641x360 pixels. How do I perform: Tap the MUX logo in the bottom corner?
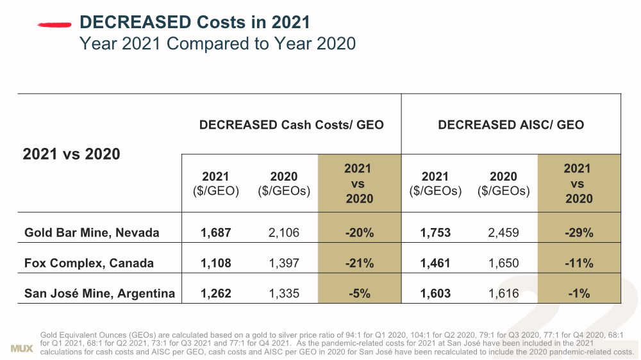coord(22,348)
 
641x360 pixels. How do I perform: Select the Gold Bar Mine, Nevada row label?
coord(92,233)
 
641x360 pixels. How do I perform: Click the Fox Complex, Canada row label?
coord(89,263)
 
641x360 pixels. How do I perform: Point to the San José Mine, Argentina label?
coord(99,294)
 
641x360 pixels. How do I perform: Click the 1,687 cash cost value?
coord(215,233)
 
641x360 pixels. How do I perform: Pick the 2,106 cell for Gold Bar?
coord(284,233)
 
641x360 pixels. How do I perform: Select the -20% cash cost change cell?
coord(359,233)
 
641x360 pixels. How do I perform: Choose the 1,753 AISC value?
coord(435,233)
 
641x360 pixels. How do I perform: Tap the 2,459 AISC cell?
coord(503,233)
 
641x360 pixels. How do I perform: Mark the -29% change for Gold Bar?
coord(579,233)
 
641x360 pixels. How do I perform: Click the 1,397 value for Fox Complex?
coord(284,263)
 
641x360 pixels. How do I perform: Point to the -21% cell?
coord(359,263)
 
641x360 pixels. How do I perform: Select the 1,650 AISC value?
coord(503,263)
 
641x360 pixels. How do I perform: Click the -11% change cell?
coord(579,263)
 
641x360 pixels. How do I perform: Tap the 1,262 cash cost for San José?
coord(215,294)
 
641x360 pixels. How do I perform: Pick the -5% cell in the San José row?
coord(359,294)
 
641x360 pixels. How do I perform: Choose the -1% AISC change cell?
coord(579,294)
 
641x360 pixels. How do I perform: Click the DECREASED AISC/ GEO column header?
coord(511,125)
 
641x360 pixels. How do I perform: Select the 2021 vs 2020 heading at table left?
coord(71,154)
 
